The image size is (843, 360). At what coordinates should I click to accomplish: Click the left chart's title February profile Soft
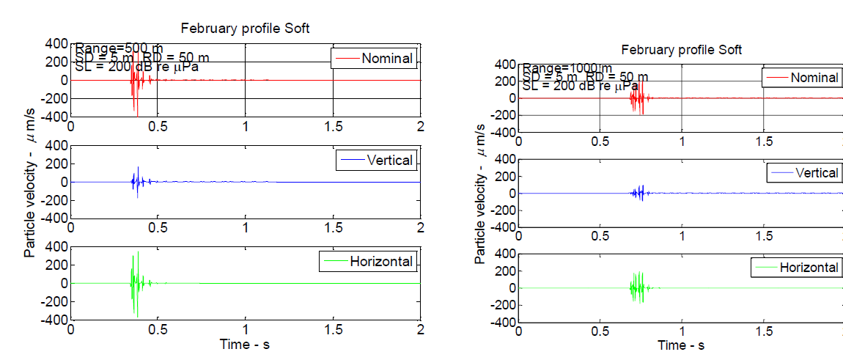tap(246, 29)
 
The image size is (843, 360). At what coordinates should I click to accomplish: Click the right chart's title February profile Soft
tap(681, 50)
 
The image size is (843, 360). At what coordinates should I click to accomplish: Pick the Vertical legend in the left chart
tap(375, 160)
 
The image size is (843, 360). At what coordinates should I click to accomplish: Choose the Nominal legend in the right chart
tap(800, 77)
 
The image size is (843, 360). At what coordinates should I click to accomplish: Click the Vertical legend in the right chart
tap(803, 173)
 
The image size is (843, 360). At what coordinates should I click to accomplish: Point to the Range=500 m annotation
tap(119, 48)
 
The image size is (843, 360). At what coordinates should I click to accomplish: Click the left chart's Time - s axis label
tap(246, 344)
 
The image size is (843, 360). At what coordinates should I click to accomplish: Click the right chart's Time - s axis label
tap(681, 345)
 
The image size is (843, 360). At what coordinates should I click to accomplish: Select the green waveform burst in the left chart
tap(135, 282)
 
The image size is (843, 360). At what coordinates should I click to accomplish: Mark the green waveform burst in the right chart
tap(638, 287)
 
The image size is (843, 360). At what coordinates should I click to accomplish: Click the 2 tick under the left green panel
tap(420, 329)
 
